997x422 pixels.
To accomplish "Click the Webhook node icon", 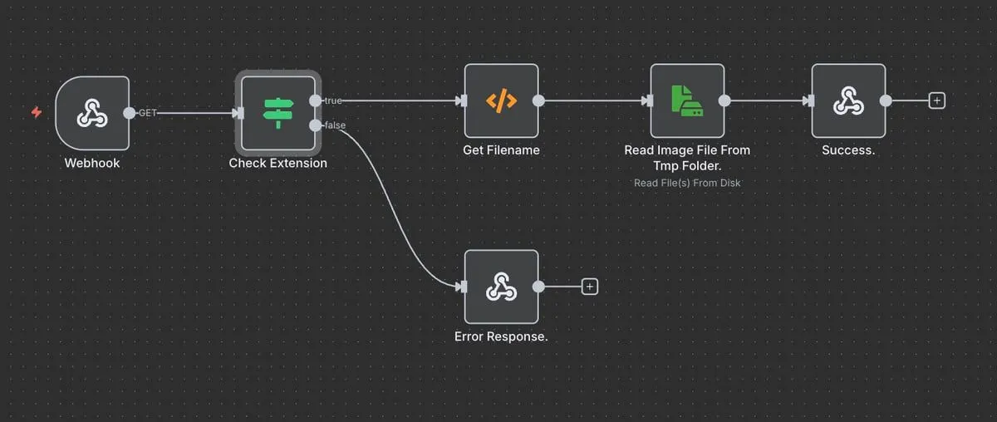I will point(92,114).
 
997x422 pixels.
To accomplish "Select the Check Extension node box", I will point(278,113).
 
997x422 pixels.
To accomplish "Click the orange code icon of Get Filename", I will point(501,101).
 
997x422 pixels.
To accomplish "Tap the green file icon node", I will point(687,101).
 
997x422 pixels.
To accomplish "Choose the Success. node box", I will point(848,101).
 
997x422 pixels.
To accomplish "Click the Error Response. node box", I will point(501,287).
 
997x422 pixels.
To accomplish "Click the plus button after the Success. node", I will point(937,101).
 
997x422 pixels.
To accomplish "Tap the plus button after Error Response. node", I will point(590,287).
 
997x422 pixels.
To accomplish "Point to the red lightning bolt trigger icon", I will point(36,112).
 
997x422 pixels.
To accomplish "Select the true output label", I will point(332,101).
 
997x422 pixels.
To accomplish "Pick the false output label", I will point(336,125).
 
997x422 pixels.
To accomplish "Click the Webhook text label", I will point(92,164).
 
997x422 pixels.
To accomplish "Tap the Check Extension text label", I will point(278,164).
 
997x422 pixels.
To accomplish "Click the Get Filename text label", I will point(501,150).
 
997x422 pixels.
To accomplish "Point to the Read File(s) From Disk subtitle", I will point(687,183).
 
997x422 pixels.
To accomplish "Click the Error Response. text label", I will point(501,337).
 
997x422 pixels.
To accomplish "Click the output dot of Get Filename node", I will point(538,101).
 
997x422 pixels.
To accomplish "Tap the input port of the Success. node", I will point(809,101).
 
